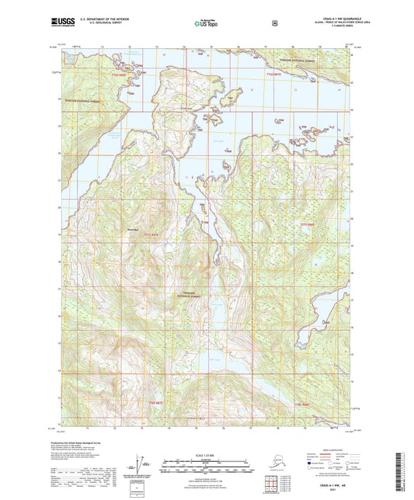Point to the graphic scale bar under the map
tap(207, 469)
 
